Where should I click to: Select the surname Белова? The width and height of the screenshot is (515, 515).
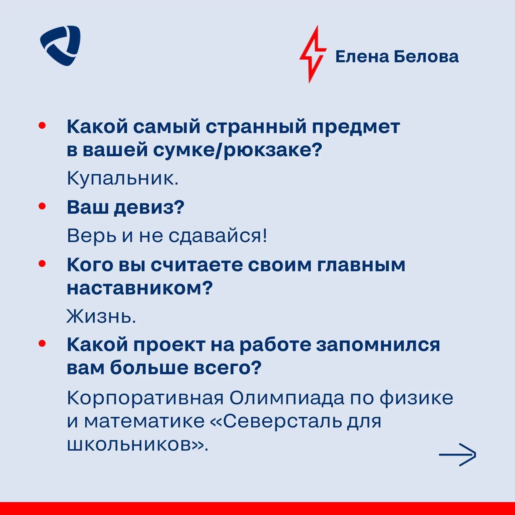426,57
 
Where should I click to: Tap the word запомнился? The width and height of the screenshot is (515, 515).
378,345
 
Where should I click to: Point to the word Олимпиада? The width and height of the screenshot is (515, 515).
287,398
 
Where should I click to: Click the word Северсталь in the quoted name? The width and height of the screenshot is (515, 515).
282,421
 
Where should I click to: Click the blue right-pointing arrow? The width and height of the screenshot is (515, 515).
458,454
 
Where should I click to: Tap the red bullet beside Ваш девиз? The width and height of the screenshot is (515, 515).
42,206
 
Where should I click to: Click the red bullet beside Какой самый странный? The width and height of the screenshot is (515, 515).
42,125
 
